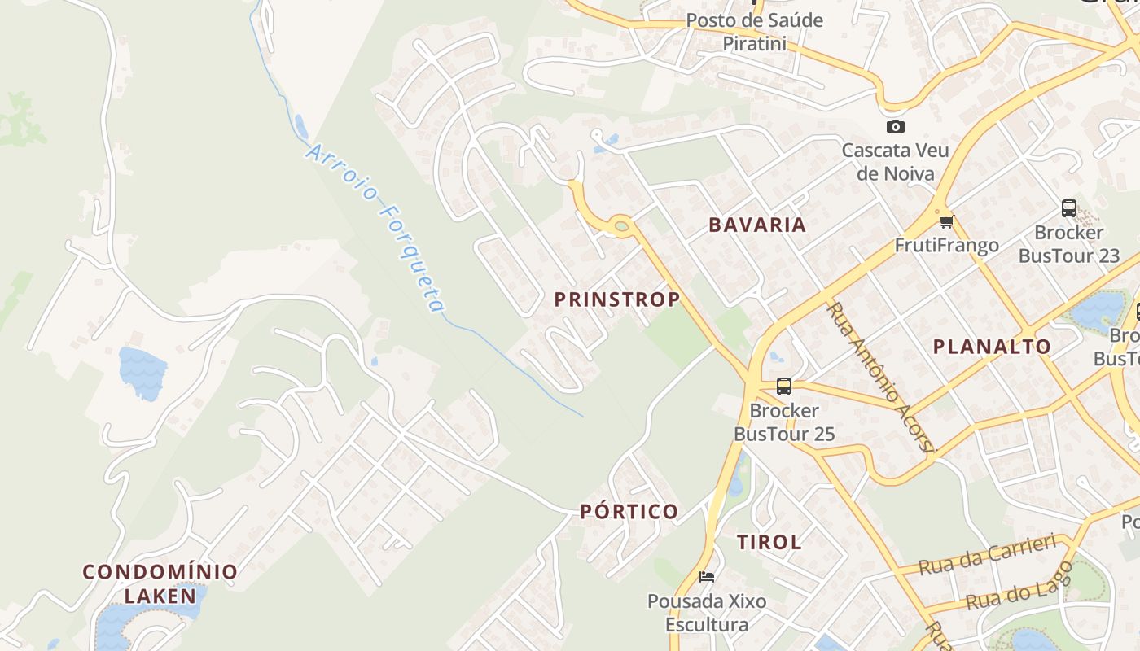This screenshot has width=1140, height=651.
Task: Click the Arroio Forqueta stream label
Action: pos(376,228)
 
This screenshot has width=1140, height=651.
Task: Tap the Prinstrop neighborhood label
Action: pos(617,299)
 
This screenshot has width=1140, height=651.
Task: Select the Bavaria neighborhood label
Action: pos(757,225)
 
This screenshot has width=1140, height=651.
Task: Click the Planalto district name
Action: pos(992,347)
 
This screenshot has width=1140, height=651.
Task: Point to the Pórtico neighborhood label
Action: pos(629,512)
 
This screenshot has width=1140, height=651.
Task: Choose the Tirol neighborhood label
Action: pos(769,542)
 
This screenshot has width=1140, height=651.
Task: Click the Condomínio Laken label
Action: pos(160,583)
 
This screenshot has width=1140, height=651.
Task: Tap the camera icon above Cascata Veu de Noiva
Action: pos(895,126)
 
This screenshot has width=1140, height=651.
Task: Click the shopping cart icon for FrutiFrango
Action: pos(946,221)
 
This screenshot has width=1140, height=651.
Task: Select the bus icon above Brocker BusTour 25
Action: pos(784,387)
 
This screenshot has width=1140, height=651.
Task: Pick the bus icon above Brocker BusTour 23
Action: pos(1069,208)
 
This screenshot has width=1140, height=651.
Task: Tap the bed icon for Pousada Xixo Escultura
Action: pos(707,577)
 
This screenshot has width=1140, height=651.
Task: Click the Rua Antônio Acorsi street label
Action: pos(881,377)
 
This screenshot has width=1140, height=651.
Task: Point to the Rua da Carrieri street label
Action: pos(987,555)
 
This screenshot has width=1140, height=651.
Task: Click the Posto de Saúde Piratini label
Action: pos(754,32)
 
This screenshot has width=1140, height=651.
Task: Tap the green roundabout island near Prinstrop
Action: pos(621,225)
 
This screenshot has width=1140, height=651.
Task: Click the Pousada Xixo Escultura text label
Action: pos(707,613)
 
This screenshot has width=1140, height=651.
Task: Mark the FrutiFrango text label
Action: pos(946,246)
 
